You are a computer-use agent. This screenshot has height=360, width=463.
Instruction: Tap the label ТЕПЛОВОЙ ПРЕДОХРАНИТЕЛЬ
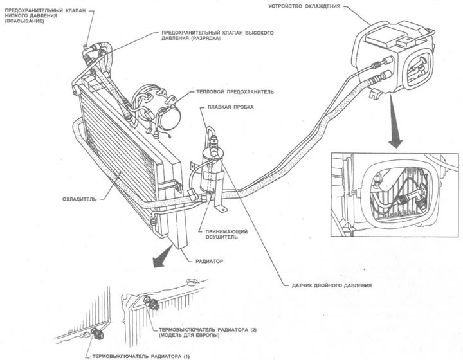[227, 92]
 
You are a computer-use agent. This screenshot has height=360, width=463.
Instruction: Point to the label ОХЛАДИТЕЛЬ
[80, 199]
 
